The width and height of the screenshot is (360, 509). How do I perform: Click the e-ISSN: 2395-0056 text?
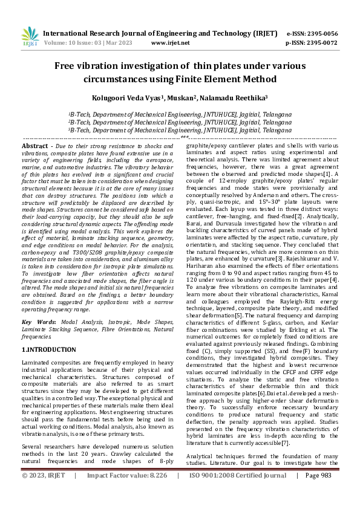(x=312, y=34)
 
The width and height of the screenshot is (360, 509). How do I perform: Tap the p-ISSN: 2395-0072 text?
(x=312, y=44)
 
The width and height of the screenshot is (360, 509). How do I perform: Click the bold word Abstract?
(x=35, y=146)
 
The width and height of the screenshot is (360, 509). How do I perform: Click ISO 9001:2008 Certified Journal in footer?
(x=238, y=493)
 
